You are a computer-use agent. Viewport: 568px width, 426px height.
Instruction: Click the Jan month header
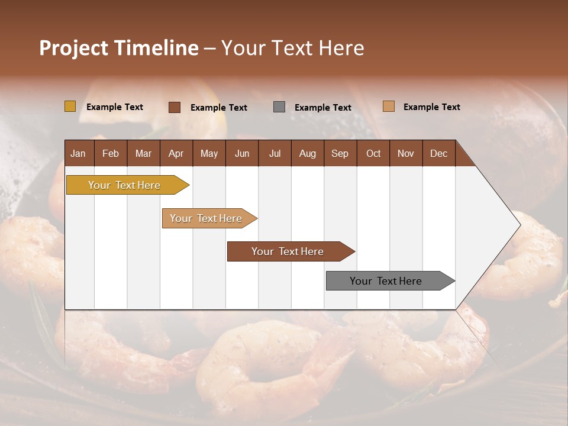click(78, 153)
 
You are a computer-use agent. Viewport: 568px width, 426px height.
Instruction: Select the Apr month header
click(176, 153)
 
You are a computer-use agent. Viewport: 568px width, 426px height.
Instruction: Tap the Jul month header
click(275, 153)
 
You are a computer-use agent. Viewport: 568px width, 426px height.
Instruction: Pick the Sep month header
click(340, 153)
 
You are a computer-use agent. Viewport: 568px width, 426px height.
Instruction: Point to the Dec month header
click(438, 153)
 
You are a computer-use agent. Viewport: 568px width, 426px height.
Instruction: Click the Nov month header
click(405, 153)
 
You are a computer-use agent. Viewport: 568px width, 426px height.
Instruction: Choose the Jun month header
click(241, 153)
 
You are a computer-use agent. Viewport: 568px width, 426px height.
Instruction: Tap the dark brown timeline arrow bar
click(288, 251)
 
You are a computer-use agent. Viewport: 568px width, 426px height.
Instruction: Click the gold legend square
click(70, 106)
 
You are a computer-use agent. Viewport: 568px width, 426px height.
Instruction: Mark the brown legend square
click(174, 107)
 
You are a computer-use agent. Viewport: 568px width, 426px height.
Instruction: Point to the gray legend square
click(279, 107)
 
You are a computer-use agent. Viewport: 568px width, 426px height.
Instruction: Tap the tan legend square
click(388, 106)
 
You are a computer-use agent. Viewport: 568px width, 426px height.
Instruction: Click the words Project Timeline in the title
click(118, 48)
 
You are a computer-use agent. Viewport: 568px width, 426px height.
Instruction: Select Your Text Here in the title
click(292, 48)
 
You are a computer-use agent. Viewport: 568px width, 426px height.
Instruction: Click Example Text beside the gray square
click(322, 108)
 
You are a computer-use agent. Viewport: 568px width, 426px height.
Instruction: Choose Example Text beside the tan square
click(431, 107)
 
